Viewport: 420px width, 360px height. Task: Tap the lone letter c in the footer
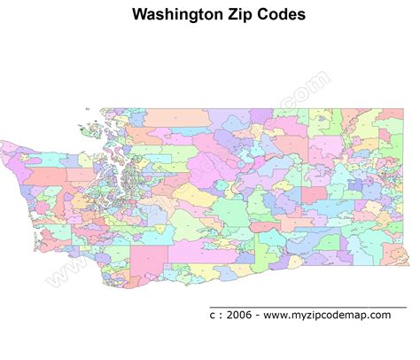[212, 315]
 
